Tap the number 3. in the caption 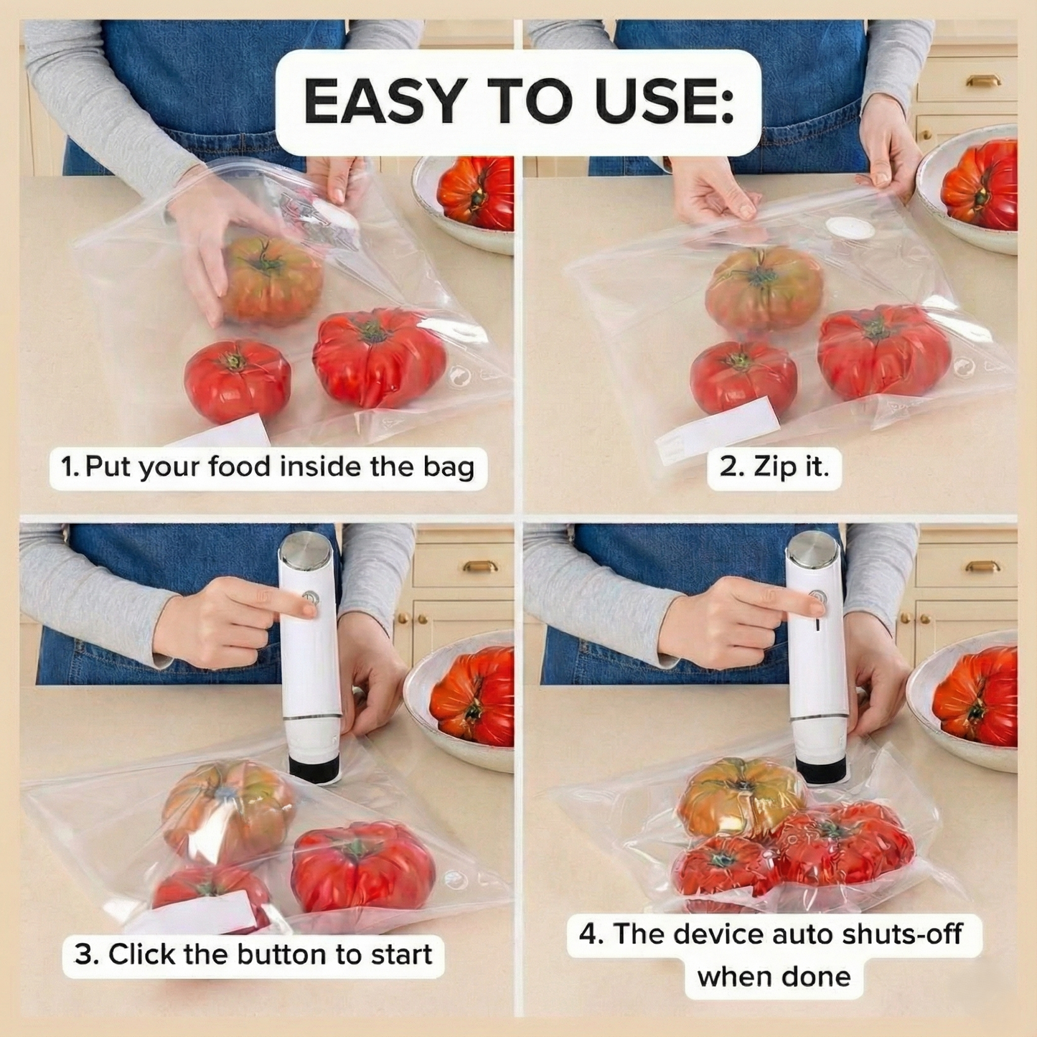tap(86, 954)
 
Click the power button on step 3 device tap(310, 597)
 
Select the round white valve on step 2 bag tap(850, 227)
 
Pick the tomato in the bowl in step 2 tap(980, 185)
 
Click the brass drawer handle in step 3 tap(480, 566)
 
